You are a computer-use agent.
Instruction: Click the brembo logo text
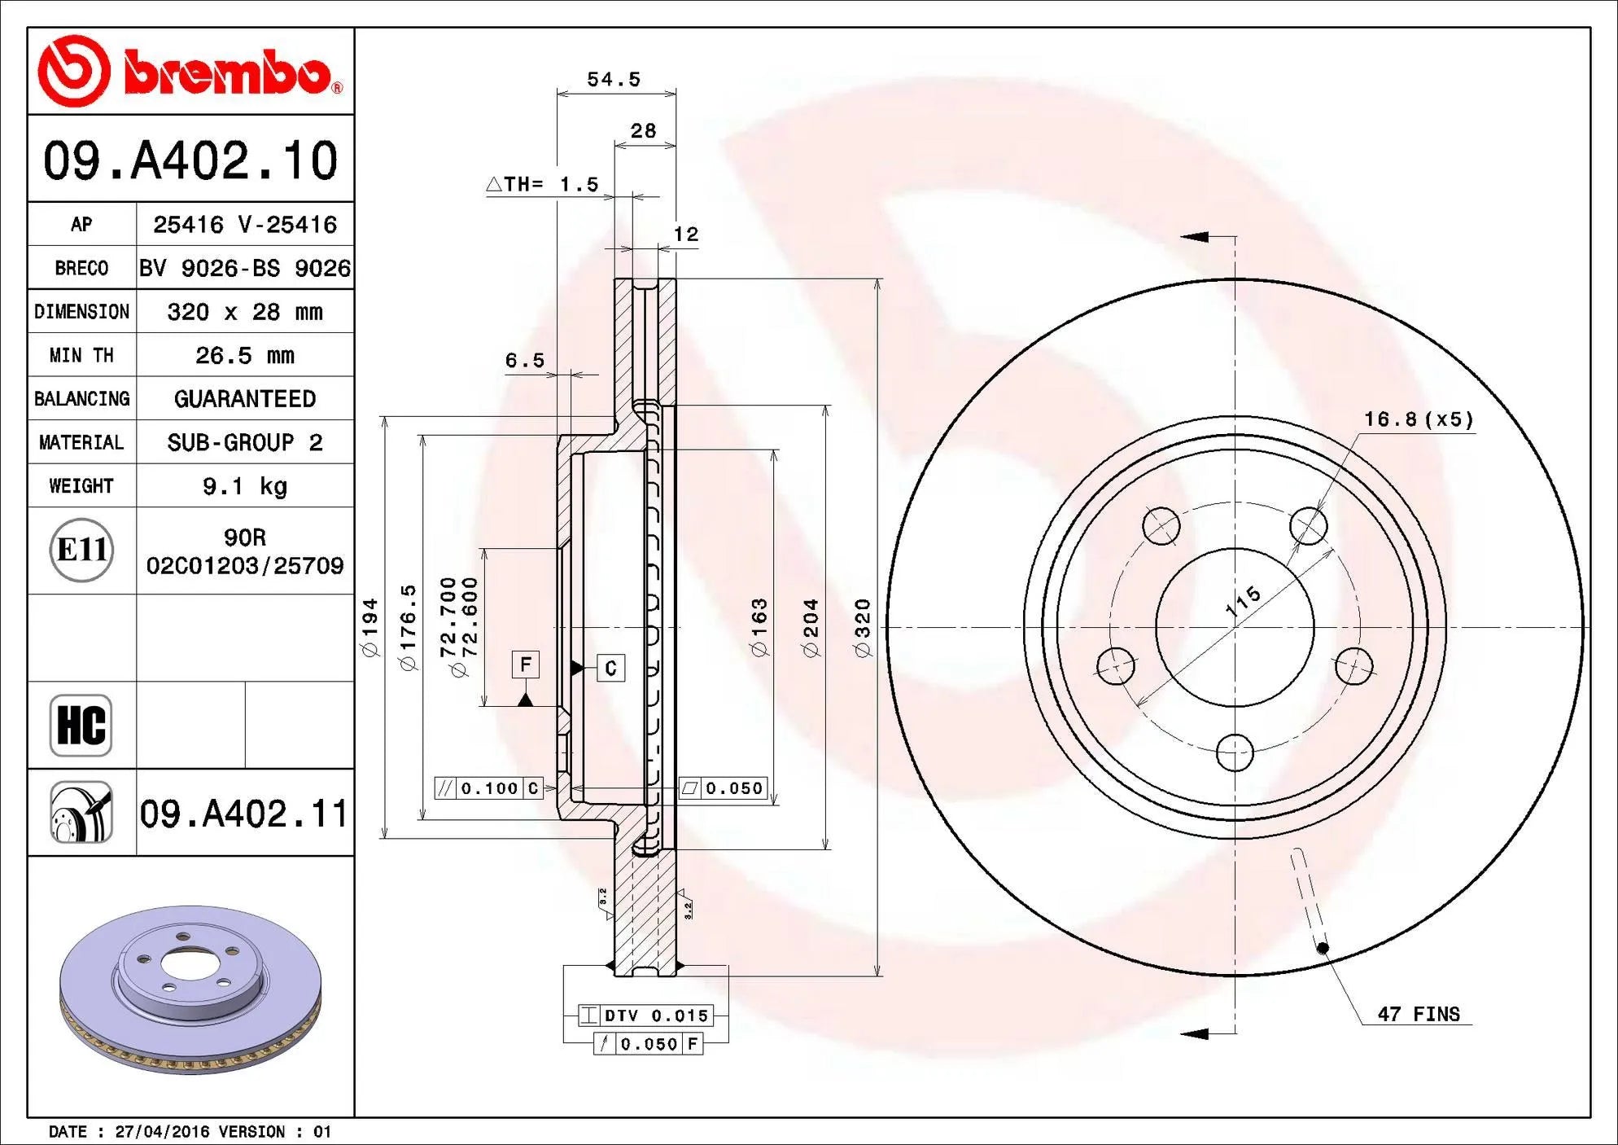228,73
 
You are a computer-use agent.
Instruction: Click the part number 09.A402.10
190,160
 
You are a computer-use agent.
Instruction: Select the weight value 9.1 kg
244,486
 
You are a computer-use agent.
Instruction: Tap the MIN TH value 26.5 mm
244,355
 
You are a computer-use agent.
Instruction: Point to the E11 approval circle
81,550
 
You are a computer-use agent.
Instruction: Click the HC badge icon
81,725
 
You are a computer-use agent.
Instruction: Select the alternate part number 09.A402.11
243,814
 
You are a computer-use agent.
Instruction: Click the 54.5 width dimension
614,80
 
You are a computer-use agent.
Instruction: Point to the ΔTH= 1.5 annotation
543,185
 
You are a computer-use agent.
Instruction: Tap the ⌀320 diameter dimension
863,627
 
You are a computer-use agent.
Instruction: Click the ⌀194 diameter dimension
370,627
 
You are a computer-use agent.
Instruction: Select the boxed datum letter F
526,665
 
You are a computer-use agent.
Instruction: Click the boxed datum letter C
611,669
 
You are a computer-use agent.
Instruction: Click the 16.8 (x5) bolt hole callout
1418,419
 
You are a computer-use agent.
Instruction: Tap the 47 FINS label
1418,1015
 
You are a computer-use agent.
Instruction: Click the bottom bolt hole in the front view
1235,752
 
